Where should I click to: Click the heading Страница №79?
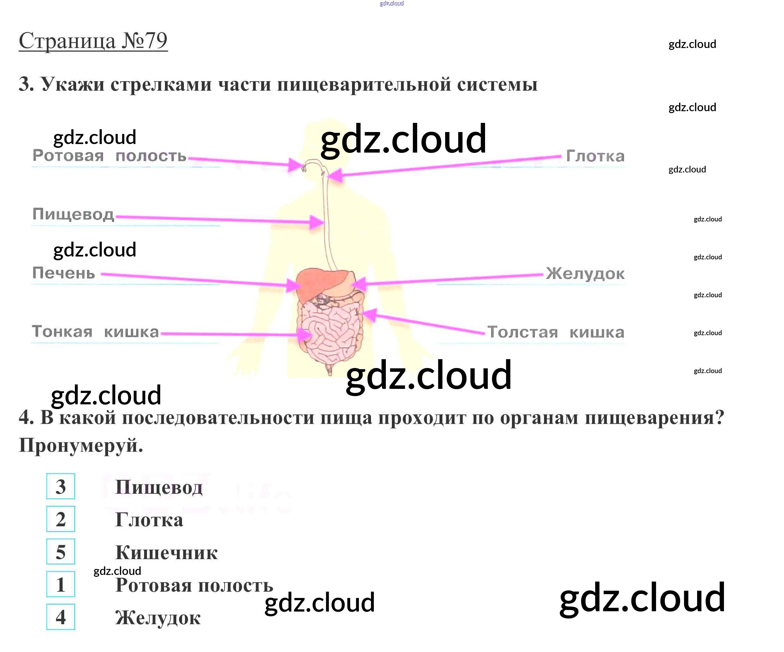(93, 41)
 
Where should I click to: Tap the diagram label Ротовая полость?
(109, 156)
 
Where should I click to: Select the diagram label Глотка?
(595, 156)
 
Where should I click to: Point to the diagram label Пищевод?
(73, 214)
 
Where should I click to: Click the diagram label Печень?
(64, 273)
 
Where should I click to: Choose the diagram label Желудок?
(585, 274)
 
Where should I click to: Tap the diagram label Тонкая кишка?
(95, 332)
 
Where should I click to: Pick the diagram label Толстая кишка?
(556, 332)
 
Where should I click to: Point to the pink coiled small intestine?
(329, 332)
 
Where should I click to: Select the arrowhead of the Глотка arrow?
(334, 175)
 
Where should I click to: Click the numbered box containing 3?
(60, 486)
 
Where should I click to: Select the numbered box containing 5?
(60, 552)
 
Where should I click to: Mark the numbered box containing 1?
(60, 584)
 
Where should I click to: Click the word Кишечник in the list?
(166, 553)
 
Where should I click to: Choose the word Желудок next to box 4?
(158, 618)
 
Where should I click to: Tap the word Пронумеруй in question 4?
(81, 445)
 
